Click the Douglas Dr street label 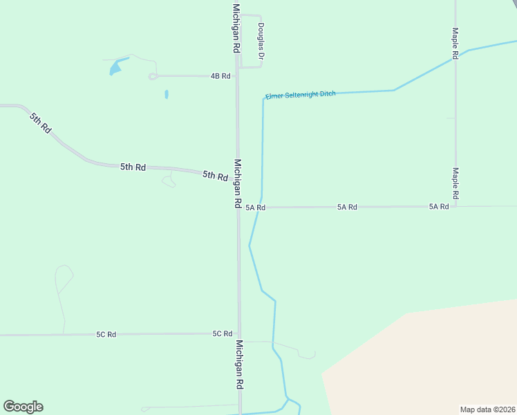tap(261, 41)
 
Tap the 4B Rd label tap(220, 75)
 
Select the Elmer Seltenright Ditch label tap(301, 94)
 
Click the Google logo tap(23, 407)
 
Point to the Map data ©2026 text tap(487, 409)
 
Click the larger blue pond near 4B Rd tap(115, 67)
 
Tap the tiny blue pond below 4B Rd tap(167, 94)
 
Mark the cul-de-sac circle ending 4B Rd tap(153, 77)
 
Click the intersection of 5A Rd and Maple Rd tap(455, 206)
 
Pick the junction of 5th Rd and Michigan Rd tap(237, 178)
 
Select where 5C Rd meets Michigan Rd tap(240, 333)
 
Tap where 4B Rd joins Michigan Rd tap(236, 75)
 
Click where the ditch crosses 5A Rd tap(259, 207)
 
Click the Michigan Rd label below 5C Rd tap(239, 364)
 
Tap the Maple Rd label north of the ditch tap(455, 43)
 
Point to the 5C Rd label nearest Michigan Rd tap(222, 333)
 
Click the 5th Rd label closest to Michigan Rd tap(215, 176)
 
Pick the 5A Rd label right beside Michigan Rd tap(255, 207)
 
